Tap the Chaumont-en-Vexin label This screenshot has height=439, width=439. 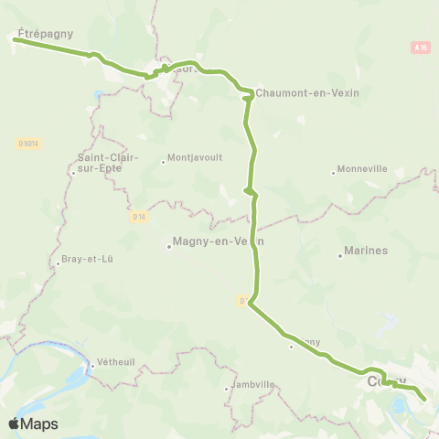307,92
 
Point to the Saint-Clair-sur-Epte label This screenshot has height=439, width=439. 107,162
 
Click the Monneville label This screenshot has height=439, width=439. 362,169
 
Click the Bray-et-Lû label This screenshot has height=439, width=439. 88,259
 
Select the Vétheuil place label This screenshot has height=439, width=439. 115,361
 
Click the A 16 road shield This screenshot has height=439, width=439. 420,47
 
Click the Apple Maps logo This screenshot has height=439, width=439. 33,423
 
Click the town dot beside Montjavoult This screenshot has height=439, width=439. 164,163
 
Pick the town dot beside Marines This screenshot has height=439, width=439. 340,256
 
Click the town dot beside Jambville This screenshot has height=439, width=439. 226,390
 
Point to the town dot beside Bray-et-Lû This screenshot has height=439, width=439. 58,264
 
